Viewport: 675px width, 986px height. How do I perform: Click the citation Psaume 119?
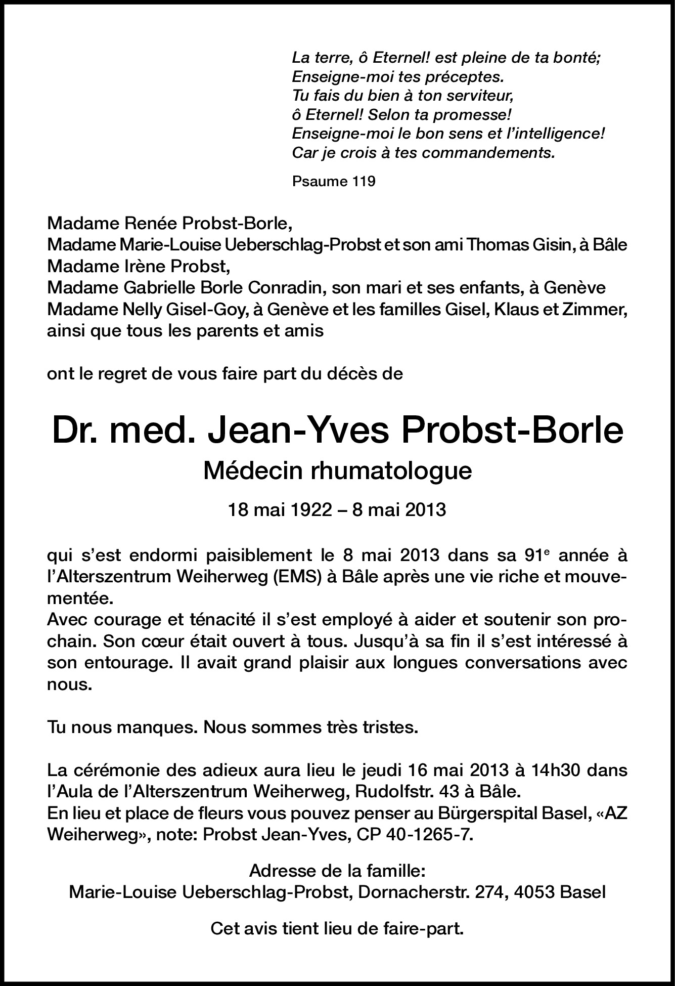tap(334, 181)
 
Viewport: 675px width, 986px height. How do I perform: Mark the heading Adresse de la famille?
tap(337, 871)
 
